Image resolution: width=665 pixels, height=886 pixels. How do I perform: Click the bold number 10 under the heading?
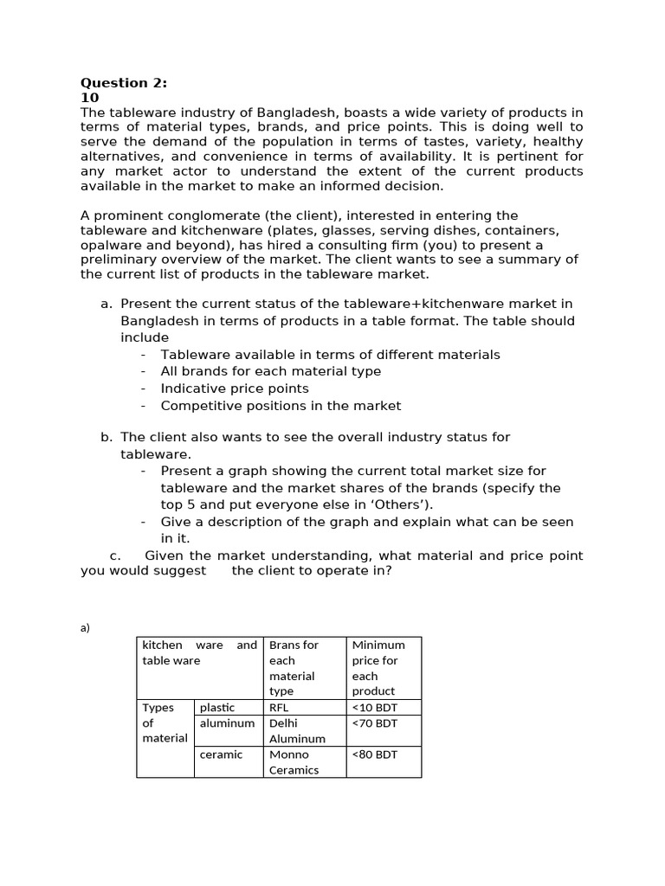(90, 98)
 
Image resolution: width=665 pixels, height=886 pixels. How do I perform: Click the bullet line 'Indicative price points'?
(234, 388)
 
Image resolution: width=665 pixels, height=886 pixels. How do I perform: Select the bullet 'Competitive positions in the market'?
(281, 405)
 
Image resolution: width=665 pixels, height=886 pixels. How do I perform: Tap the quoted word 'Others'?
(399, 504)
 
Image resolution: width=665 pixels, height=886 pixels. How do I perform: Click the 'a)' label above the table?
(85, 628)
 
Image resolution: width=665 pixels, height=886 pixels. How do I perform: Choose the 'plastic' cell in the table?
(216, 707)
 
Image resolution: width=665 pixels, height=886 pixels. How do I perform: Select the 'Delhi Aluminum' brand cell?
(297, 730)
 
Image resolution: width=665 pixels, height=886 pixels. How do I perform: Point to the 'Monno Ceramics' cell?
(294, 762)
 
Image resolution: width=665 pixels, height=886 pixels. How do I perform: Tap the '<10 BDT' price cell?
(375, 707)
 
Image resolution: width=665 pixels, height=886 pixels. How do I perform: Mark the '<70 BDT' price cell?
(375, 723)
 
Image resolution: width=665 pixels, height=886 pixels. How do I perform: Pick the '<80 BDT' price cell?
(375, 754)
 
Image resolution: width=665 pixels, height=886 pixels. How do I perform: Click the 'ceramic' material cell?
(221, 754)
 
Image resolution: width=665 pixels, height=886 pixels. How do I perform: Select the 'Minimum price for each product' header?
(378, 668)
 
